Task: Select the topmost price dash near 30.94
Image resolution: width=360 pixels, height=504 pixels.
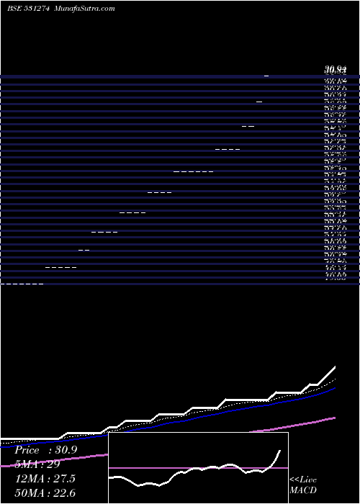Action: (x=267, y=76)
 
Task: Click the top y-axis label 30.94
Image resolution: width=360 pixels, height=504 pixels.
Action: (x=336, y=70)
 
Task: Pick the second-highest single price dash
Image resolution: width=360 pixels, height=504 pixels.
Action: (x=259, y=102)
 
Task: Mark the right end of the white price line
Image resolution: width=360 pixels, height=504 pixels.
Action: (x=335, y=368)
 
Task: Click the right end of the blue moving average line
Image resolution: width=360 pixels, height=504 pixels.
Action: (x=335, y=387)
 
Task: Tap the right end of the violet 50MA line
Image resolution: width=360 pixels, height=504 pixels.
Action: (x=335, y=418)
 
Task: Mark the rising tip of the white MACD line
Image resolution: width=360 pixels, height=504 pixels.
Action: (x=279, y=450)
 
